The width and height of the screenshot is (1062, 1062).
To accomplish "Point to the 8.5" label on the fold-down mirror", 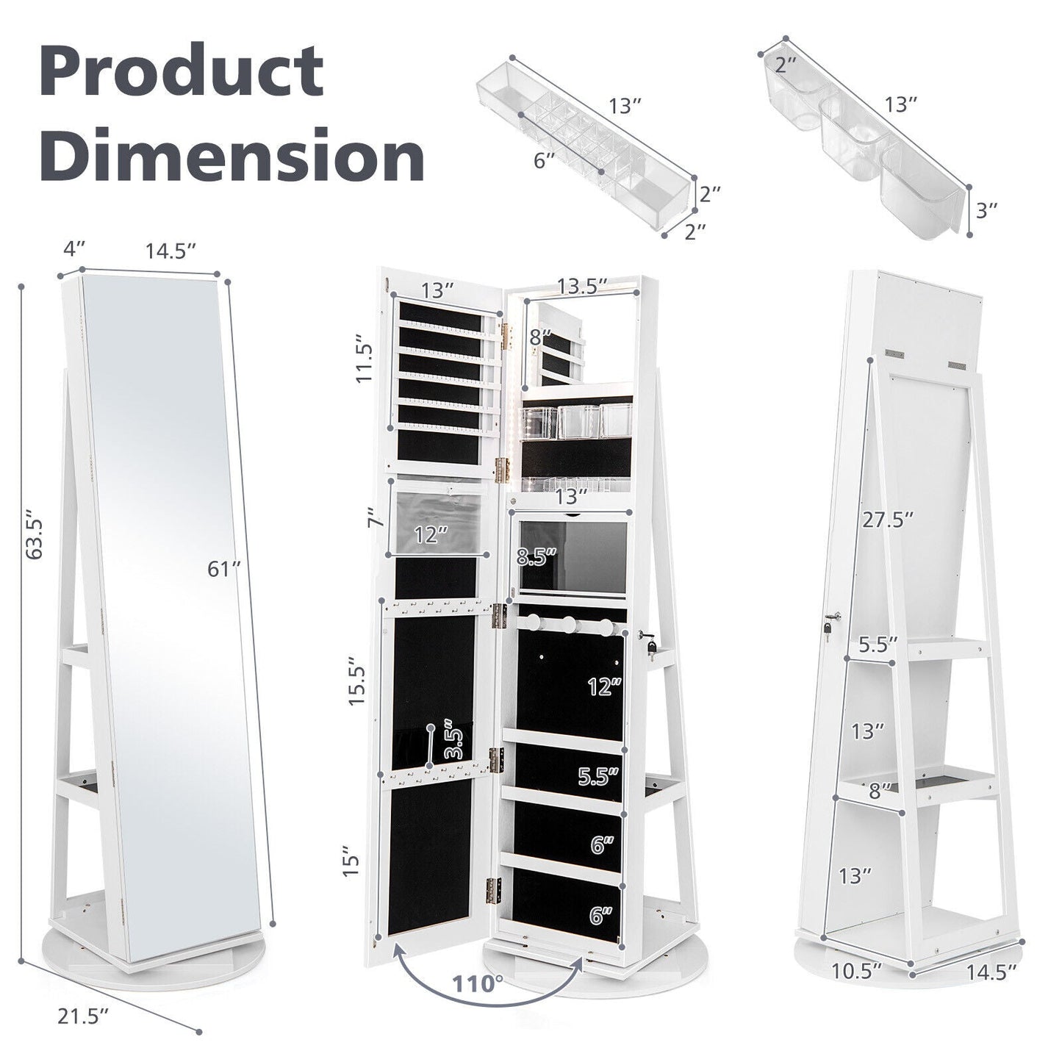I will pos(537,556).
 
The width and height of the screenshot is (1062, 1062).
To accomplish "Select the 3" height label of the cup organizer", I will pos(987,210).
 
